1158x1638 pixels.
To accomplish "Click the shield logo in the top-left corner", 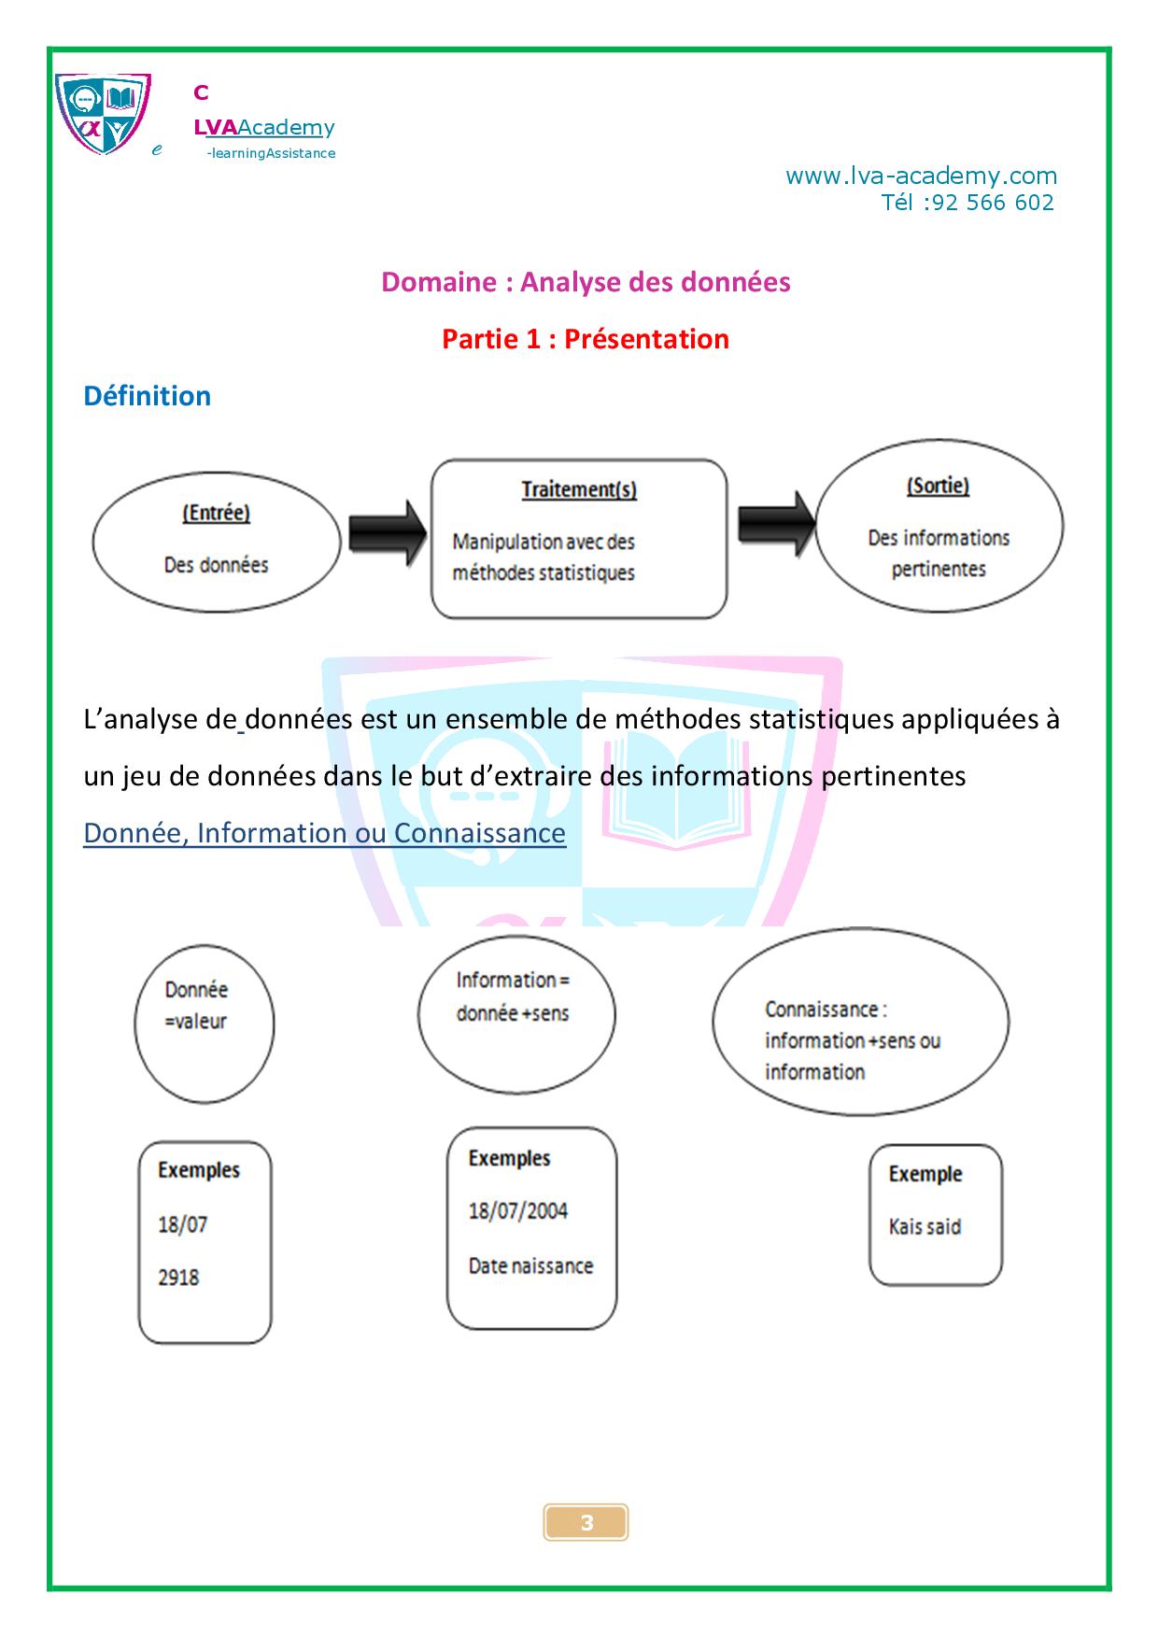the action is tap(103, 114).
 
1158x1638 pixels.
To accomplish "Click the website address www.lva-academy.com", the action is tap(921, 176).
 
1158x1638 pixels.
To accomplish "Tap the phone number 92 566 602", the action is tap(993, 203).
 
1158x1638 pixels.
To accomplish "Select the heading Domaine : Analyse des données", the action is tap(586, 282).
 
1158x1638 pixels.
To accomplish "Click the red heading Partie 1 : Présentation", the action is tap(586, 338).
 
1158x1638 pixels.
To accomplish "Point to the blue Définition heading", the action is tap(148, 396).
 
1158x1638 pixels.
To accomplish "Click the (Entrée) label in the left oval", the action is tap(217, 513).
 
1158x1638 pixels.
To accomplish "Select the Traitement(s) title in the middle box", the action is tap(579, 489).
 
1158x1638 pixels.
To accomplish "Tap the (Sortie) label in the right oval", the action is tap(938, 486).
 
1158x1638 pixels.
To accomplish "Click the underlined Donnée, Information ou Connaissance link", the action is tap(324, 833).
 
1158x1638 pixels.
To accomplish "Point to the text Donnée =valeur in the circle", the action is tap(196, 1005).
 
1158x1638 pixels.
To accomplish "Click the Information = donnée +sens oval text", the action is tap(513, 996).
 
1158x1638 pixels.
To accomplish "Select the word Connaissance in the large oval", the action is tap(822, 1010).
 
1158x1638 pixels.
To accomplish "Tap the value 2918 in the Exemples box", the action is tap(178, 1278).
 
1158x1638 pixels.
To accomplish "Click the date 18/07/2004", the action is tap(518, 1211).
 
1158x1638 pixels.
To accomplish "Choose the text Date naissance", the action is tap(530, 1266).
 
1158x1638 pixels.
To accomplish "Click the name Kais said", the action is tap(925, 1227).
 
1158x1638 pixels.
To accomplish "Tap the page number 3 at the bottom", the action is tap(586, 1523).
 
